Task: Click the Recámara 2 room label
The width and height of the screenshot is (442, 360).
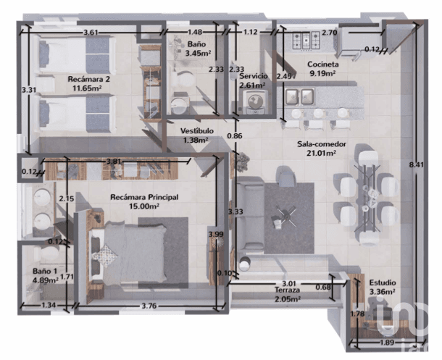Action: click(x=88, y=79)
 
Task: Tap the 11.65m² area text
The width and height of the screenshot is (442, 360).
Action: click(x=87, y=88)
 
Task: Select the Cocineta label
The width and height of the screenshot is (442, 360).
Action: click(x=322, y=64)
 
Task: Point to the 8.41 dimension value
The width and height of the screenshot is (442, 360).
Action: click(x=416, y=165)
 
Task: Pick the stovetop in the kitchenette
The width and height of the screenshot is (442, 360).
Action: click(x=306, y=41)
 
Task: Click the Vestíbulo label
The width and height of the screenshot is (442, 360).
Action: click(x=197, y=131)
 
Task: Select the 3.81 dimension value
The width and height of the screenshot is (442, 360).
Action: click(x=114, y=162)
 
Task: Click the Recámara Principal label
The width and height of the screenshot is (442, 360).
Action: click(x=144, y=197)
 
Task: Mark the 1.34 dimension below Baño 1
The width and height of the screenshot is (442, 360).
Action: click(x=49, y=305)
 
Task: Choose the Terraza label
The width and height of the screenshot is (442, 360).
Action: click(x=287, y=290)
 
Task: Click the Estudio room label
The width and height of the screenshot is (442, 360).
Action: click(x=383, y=282)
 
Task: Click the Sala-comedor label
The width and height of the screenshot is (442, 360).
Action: click(x=322, y=144)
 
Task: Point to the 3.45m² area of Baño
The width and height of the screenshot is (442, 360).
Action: click(x=198, y=53)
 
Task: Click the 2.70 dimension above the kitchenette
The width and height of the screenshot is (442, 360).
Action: click(x=329, y=33)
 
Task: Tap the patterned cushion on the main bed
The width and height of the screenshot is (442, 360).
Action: click(x=105, y=255)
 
